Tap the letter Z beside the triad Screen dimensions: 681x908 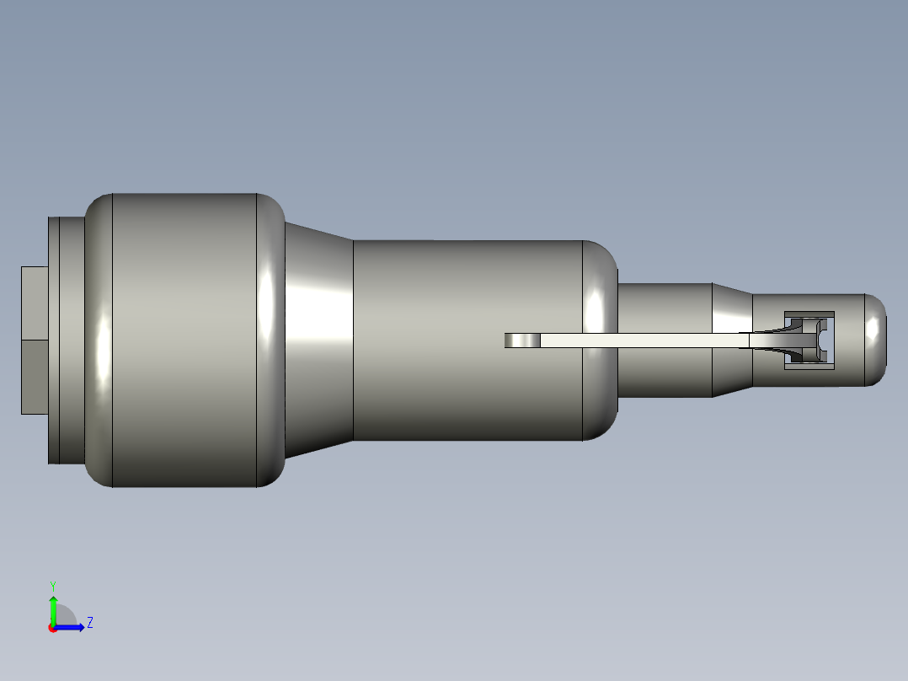pos(89,623)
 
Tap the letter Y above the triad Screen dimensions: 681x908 pos(52,585)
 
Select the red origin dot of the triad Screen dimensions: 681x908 pos(52,628)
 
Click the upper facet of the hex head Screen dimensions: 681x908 pos(34,303)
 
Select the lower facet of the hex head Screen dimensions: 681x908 pos(34,377)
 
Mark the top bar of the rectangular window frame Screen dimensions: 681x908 pos(809,314)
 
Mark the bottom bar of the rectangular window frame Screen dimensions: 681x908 pos(809,365)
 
